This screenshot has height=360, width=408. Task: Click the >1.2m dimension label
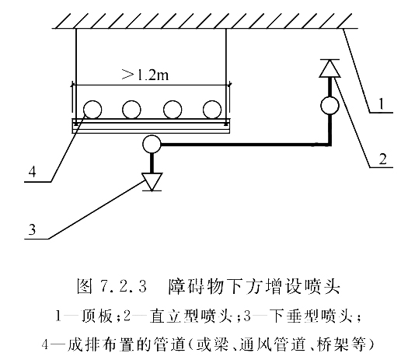(145, 75)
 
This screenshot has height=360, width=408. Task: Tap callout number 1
(382, 103)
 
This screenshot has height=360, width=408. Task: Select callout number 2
(382, 159)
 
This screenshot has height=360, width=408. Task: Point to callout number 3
(32, 229)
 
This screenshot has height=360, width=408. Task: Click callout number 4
(32, 172)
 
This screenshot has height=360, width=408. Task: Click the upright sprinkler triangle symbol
(330, 68)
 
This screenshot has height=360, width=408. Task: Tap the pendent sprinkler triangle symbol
(152, 182)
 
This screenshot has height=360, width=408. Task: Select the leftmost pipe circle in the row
(92, 110)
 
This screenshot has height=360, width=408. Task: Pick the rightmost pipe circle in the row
(212, 110)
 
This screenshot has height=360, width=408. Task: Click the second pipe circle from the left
(131, 110)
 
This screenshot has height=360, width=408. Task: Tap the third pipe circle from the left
(173, 110)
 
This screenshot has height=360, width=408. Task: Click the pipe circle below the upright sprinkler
(330, 106)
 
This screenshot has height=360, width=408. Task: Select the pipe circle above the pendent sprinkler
(152, 144)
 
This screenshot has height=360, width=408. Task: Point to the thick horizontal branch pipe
(246, 144)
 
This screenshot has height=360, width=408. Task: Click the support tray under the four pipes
(151, 126)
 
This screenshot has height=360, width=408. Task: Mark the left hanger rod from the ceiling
(76, 74)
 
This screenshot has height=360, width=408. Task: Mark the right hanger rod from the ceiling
(226, 74)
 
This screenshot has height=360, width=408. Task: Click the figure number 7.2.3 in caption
(123, 287)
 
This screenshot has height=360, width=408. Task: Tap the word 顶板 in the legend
(97, 316)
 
